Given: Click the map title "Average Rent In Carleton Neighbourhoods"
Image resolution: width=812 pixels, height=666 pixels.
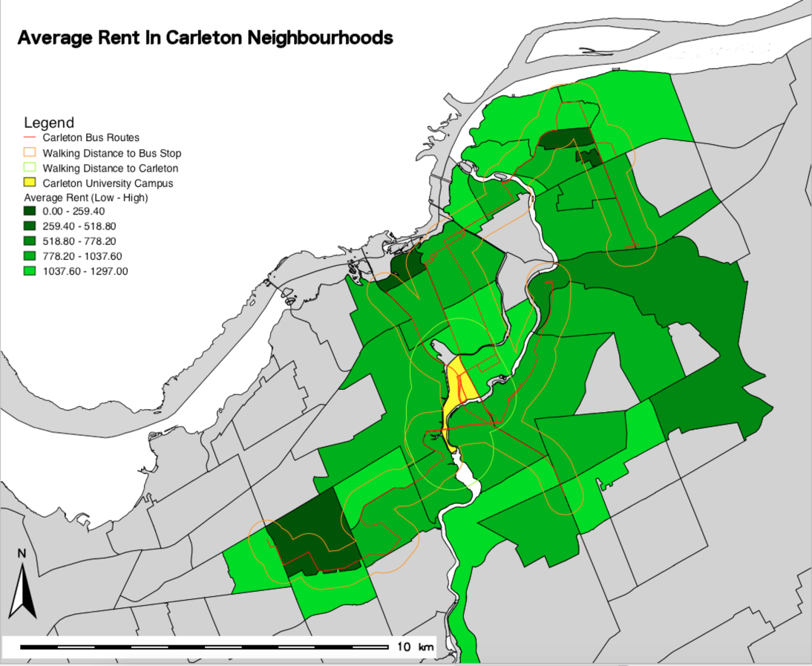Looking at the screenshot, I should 205,38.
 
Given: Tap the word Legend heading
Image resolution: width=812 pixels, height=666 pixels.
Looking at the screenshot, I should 49,123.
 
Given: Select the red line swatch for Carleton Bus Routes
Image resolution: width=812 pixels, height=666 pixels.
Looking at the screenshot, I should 30,137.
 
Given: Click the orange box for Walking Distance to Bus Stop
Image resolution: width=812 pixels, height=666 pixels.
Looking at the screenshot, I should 30,153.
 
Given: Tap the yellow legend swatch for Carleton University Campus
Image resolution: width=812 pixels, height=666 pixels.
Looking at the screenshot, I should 30,183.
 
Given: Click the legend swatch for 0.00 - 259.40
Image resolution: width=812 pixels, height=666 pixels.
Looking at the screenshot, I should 30,212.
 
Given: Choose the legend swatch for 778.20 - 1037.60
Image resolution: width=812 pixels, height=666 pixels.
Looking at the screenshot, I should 30,256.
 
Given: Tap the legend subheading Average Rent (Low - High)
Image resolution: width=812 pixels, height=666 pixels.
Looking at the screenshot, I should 86,197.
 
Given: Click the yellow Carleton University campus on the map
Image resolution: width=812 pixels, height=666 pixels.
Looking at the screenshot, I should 454,390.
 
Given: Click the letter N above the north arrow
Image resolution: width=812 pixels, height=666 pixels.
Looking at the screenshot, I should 22,554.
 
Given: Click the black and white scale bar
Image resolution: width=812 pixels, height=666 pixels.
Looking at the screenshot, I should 204,647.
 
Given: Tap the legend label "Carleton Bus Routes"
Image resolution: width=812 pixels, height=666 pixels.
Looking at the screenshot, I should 91,137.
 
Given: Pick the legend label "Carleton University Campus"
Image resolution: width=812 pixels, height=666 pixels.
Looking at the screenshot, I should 108,183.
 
